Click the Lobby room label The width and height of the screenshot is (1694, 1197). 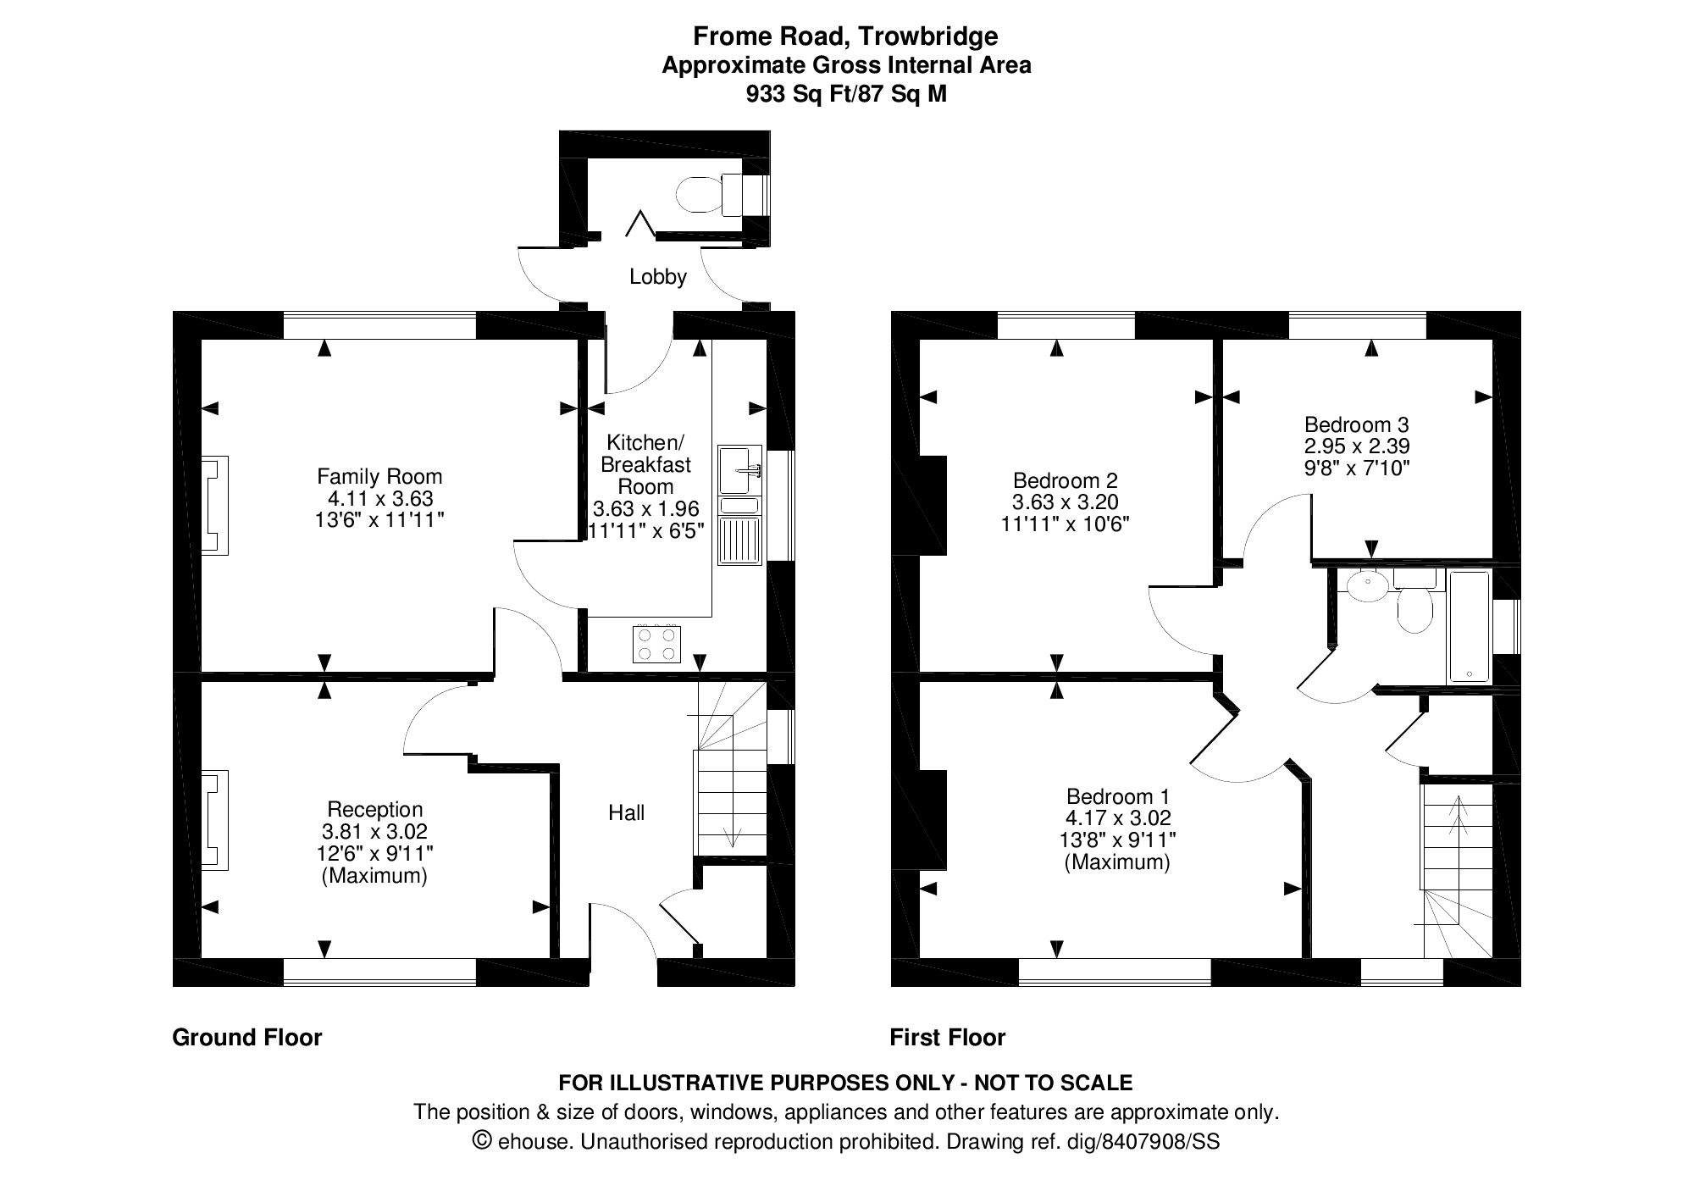657,277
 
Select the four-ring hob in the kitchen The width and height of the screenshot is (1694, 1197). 656,644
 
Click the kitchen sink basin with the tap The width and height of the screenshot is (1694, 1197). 739,469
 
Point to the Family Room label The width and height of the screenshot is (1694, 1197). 379,476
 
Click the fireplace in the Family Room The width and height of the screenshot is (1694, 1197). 214,506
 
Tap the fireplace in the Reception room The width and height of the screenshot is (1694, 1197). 214,820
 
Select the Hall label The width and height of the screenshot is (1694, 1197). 626,813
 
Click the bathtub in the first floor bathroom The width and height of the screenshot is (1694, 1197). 1469,627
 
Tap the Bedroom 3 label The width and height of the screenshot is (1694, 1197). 1356,424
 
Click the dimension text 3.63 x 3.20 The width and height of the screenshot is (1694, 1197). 1065,502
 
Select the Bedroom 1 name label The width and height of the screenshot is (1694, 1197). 1117,796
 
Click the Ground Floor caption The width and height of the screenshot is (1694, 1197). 246,1038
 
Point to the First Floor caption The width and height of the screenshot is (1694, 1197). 947,1038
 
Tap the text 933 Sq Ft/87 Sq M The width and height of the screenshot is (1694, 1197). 845,94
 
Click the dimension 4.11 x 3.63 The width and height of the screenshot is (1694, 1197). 379,498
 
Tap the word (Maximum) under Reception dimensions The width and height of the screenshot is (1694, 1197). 374,876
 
